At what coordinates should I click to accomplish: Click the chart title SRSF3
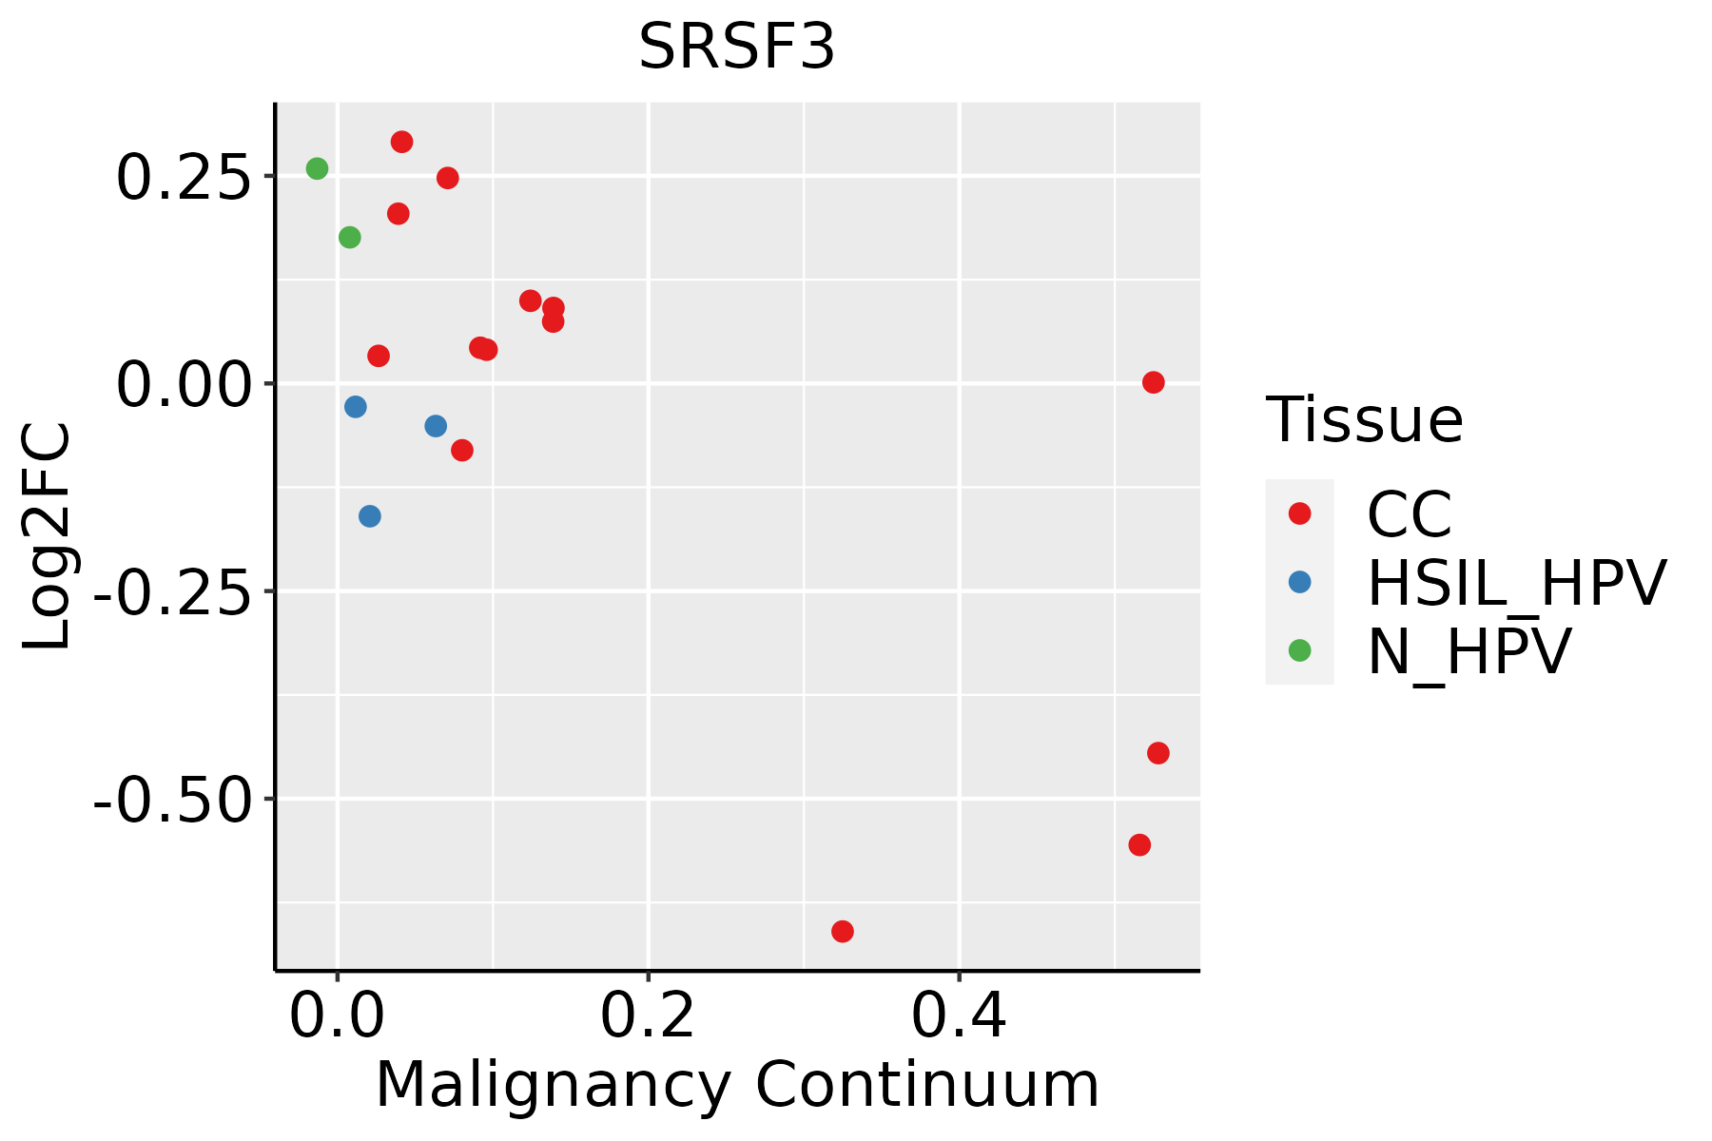point(737,48)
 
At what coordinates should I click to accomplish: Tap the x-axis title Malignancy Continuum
point(737,1086)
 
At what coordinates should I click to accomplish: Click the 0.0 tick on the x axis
point(337,1017)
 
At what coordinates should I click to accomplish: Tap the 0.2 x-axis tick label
point(648,1017)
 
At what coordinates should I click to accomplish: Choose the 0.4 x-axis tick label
point(959,1017)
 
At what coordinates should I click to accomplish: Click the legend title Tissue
point(1364,420)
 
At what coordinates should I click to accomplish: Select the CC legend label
point(1410,514)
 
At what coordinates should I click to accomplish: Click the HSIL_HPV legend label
point(1516,583)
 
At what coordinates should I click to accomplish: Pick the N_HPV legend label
point(1469,651)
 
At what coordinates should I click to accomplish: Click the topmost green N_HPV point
point(318,168)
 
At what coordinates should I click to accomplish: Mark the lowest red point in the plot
point(843,931)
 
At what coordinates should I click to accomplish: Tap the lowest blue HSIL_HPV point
point(370,516)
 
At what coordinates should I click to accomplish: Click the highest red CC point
point(402,142)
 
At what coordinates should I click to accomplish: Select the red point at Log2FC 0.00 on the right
point(1154,382)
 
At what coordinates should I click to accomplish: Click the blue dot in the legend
point(1299,582)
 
